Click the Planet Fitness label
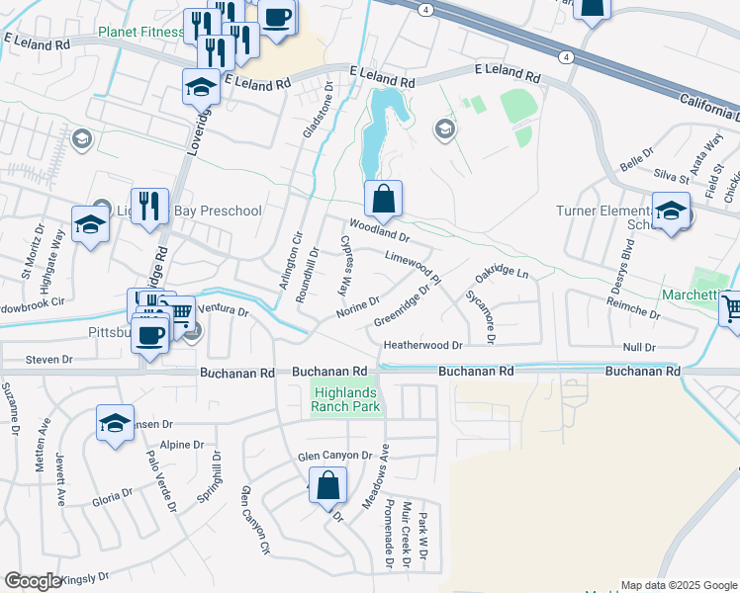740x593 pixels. coord(140,33)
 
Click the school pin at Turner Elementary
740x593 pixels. coord(671,212)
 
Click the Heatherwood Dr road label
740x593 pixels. coord(423,345)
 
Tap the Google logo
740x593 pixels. coord(33,581)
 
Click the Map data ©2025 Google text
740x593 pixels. coord(679,585)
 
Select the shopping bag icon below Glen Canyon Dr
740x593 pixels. coord(327,486)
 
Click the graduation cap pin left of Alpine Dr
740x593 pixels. coord(115,423)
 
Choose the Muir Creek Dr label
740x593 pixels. coord(406,535)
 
